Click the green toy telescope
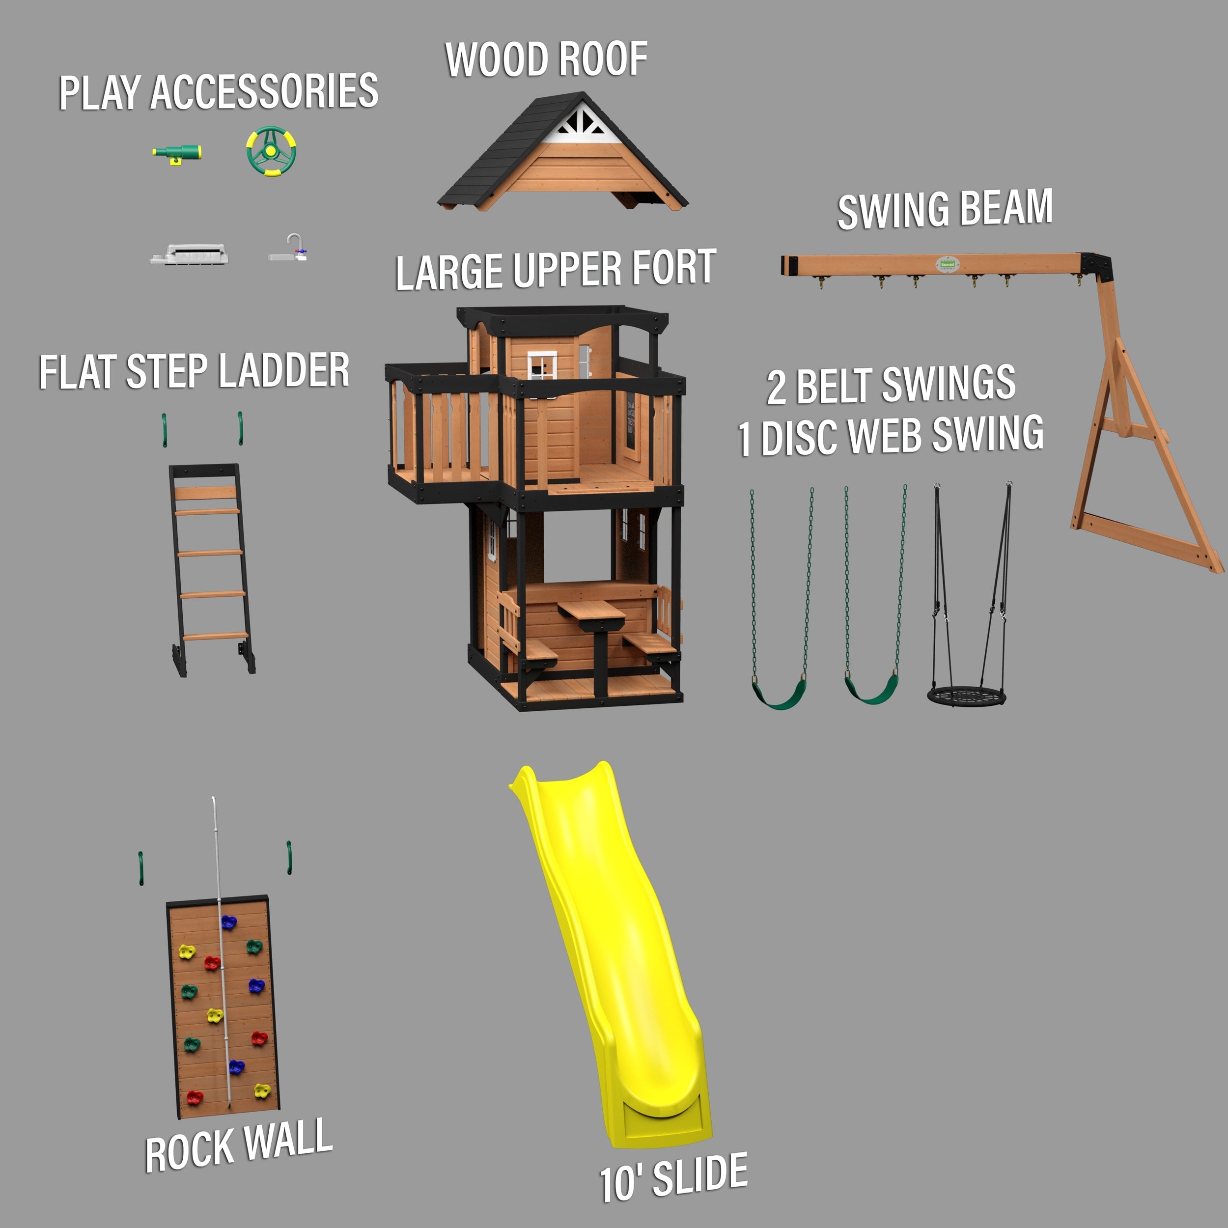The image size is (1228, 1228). click(x=177, y=153)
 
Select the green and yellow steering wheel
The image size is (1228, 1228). click(x=272, y=151)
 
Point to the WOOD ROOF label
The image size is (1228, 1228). click(x=546, y=60)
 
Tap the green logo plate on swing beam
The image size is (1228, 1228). click(x=947, y=264)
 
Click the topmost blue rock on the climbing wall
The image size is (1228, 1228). click(x=228, y=921)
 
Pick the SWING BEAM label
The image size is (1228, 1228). click(x=945, y=209)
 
